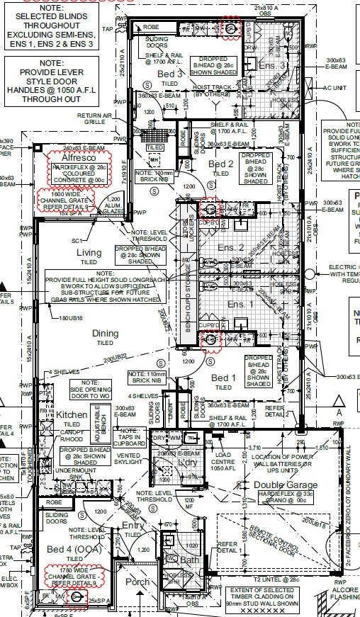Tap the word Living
[89, 252]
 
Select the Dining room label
[105, 333]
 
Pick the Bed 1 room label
[223, 378]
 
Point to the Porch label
[137, 582]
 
